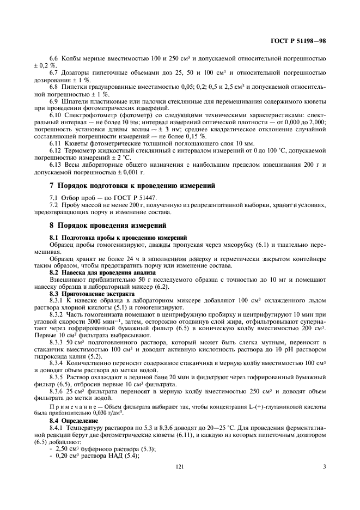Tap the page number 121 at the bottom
coord(180,466)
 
